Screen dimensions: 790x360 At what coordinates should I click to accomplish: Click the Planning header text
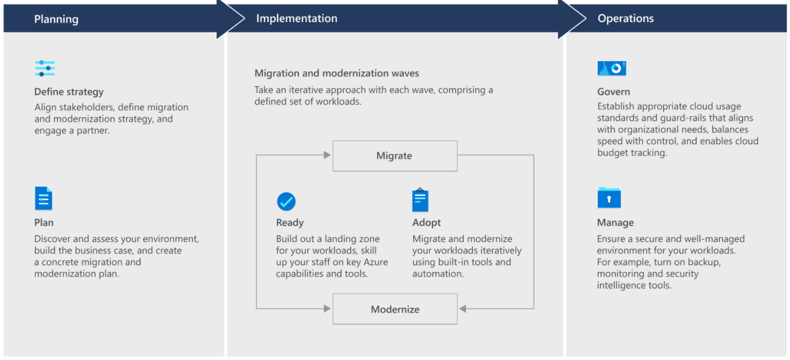[x=56, y=19]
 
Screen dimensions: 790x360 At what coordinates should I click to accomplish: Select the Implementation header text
[x=297, y=19]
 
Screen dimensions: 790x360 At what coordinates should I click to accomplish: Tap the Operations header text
[x=625, y=19]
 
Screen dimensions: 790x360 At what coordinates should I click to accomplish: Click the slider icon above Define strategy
[x=45, y=69]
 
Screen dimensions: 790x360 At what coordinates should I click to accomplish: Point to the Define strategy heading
[x=69, y=92]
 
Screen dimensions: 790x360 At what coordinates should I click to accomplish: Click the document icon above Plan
[x=44, y=199]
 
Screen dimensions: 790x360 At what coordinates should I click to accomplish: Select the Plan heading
[x=44, y=222]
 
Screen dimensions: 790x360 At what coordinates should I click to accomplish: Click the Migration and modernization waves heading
[x=336, y=73]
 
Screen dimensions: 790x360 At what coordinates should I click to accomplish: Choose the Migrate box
[x=395, y=156]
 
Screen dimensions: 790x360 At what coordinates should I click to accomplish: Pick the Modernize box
[x=395, y=309]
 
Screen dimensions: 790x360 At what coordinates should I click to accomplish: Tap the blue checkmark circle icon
[x=286, y=201]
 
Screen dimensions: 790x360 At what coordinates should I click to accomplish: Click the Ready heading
[x=290, y=222]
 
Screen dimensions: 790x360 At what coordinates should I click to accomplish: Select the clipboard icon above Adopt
[x=420, y=200]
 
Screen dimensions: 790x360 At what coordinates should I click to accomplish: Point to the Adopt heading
[x=426, y=222]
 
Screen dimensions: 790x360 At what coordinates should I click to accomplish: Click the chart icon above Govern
[x=612, y=69]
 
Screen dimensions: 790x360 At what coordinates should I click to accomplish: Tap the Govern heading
[x=613, y=92]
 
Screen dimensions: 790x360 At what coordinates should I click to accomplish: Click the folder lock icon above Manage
[x=609, y=197]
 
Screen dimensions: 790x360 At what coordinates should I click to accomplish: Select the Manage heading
[x=615, y=222]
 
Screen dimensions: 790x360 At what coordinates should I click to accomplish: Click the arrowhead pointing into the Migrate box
[x=327, y=155]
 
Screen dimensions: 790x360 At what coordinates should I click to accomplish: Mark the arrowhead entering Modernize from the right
[x=463, y=309]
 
